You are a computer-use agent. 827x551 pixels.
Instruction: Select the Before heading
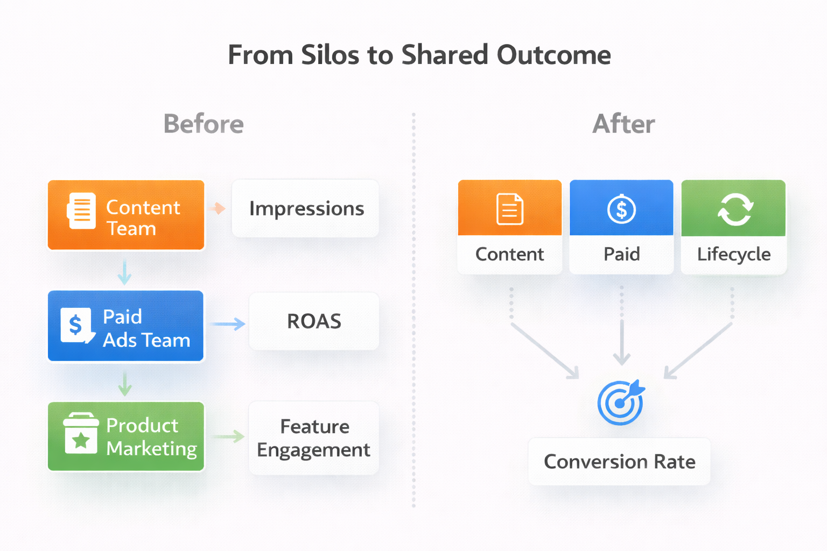click(204, 124)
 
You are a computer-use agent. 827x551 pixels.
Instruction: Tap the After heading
click(623, 124)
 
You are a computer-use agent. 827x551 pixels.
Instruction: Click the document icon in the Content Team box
click(82, 211)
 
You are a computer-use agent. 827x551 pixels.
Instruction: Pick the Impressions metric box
click(305, 209)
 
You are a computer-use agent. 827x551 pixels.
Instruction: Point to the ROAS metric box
click(314, 321)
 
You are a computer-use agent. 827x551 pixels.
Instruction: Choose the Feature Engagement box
click(314, 438)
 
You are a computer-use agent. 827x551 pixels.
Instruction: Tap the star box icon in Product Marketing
click(81, 434)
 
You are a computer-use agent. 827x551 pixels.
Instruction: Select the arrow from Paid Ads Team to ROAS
click(228, 324)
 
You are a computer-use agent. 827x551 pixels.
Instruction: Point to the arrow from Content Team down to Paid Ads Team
click(124, 272)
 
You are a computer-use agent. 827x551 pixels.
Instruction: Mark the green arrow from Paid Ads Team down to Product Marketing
click(125, 383)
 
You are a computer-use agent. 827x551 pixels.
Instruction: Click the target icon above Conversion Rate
click(621, 402)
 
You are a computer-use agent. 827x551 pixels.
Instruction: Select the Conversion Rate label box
click(619, 462)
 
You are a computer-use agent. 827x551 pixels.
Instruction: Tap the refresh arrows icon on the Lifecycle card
click(735, 209)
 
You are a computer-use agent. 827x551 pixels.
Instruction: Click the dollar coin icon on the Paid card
click(621, 209)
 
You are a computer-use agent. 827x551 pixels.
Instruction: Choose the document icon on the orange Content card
click(509, 209)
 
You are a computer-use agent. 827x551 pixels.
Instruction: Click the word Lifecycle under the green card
click(733, 254)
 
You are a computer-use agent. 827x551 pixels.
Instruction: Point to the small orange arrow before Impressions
click(218, 208)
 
